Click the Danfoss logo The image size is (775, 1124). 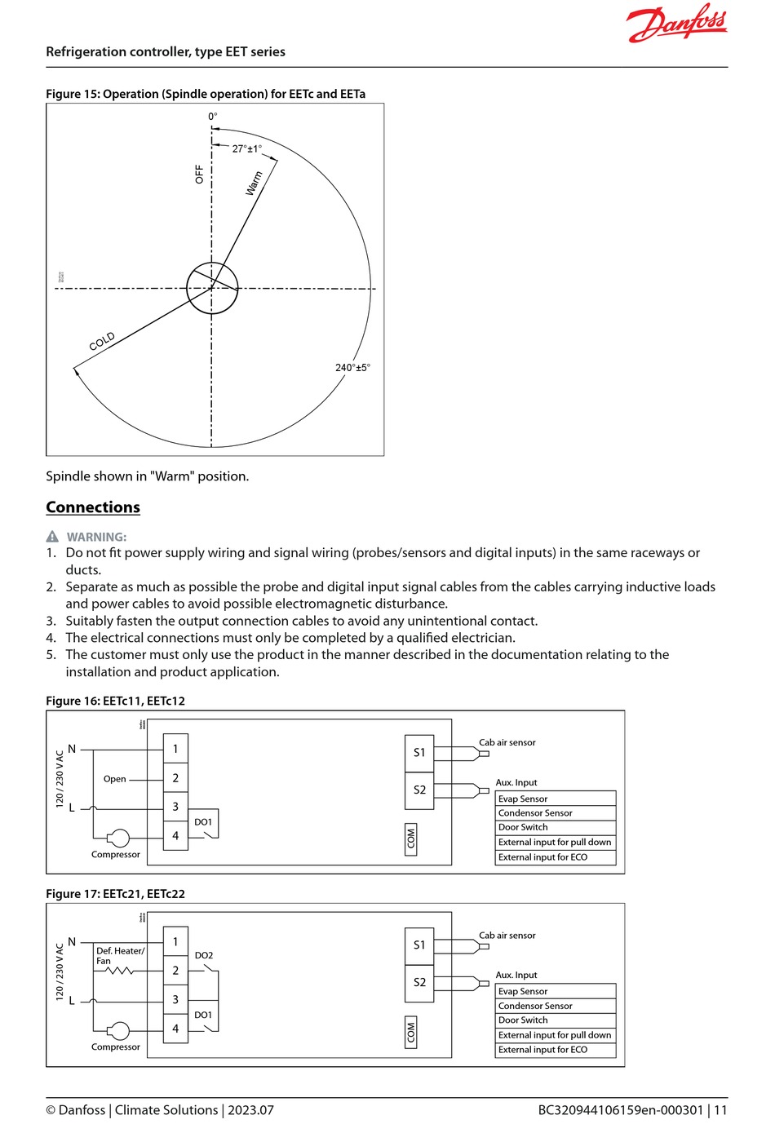tap(677, 24)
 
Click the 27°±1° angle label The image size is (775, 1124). tap(247, 148)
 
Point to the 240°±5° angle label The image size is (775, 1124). tap(352, 367)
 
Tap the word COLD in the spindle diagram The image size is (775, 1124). tap(102, 342)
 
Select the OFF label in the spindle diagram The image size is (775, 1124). tap(199, 174)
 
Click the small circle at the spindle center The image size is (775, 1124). tap(212, 288)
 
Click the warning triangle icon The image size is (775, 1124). tap(52, 537)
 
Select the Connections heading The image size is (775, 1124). tap(93, 507)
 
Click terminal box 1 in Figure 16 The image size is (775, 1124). tap(175, 749)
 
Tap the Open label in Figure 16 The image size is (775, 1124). tap(114, 779)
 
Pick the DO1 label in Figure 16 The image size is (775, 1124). tap(203, 821)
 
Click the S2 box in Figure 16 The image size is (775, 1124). tap(419, 790)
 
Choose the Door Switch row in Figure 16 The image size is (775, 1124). tap(556, 827)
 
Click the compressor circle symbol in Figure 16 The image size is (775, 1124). tap(119, 838)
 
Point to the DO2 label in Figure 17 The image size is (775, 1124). tap(204, 955)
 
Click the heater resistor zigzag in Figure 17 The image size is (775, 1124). tap(120, 971)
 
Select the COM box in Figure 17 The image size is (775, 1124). tap(411, 1033)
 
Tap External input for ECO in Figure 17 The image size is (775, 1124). tap(556, 1050)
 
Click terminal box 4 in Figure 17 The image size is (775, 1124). tap(175, 1029)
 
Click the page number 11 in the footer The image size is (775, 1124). tap(721, 1110)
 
